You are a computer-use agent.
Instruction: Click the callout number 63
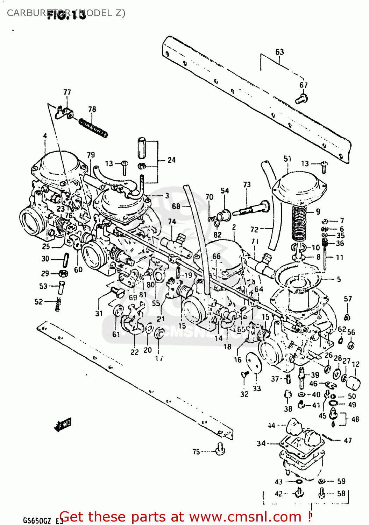(x=279, y=52)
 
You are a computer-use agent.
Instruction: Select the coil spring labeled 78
(x=93, y=127)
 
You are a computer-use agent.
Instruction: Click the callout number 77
(x=67, y=92)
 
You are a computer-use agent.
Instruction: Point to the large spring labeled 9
(x=299, y=223)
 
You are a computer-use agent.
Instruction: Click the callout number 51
(x=287, y=159)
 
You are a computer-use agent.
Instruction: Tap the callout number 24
(x=171, y=160)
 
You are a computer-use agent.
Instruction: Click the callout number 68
(x=176, y=206)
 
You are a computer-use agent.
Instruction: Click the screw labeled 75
(x=220, y=448)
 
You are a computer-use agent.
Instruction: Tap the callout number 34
(x=261, y=443)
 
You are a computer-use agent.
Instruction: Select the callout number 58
(x=341, y=493)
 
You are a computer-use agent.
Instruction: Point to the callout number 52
(x=38, y=302)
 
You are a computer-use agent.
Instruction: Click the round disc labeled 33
(x=254, y=366)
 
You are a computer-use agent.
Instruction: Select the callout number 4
(x=45, y=136)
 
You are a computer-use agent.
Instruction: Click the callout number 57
(x=348, y=299)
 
